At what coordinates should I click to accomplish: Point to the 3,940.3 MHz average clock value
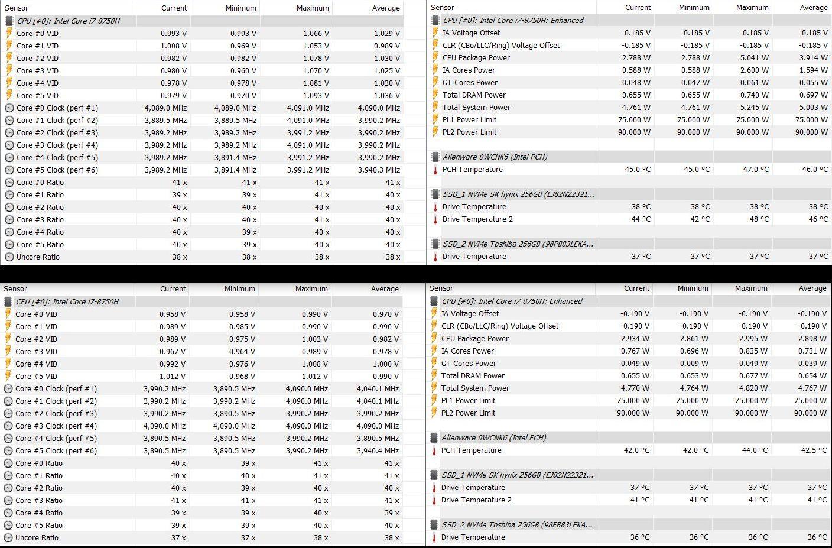(379, 170)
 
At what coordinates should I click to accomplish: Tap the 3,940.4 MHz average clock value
(378, 451)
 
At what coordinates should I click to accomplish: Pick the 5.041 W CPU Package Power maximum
(752, 58)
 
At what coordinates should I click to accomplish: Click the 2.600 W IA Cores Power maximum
(752, 70)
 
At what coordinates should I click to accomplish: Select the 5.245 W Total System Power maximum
(752, 108)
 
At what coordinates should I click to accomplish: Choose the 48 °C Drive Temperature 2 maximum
(759, 219)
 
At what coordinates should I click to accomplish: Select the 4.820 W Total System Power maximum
(751, 388)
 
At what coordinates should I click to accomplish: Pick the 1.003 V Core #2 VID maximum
(315, 339)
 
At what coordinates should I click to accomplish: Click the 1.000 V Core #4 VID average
(386, 364)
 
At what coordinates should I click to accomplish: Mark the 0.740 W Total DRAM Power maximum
(752, 95)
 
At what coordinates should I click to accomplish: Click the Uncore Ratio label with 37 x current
(37, 538)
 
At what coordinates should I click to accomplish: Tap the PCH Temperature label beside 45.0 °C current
(472, 170)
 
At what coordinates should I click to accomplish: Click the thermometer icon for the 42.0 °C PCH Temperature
(434, 450)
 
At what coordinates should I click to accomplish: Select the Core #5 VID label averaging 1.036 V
(37, 96)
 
